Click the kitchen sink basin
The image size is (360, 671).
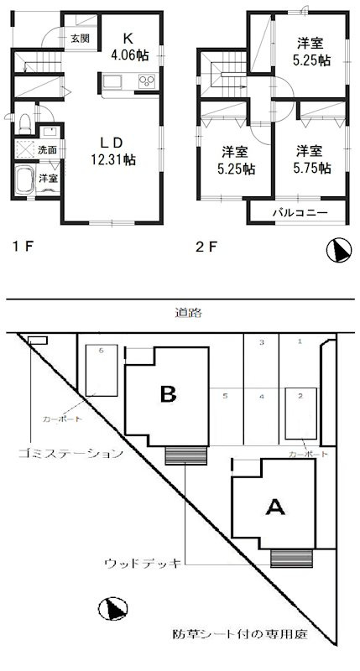click(x=114, y=82)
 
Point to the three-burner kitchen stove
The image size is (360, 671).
click(x=146, y=82)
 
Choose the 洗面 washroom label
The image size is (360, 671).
click(x=48, y=149)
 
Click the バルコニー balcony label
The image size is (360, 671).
click(x=299, y=213)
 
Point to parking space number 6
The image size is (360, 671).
click(x=101, y=350)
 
